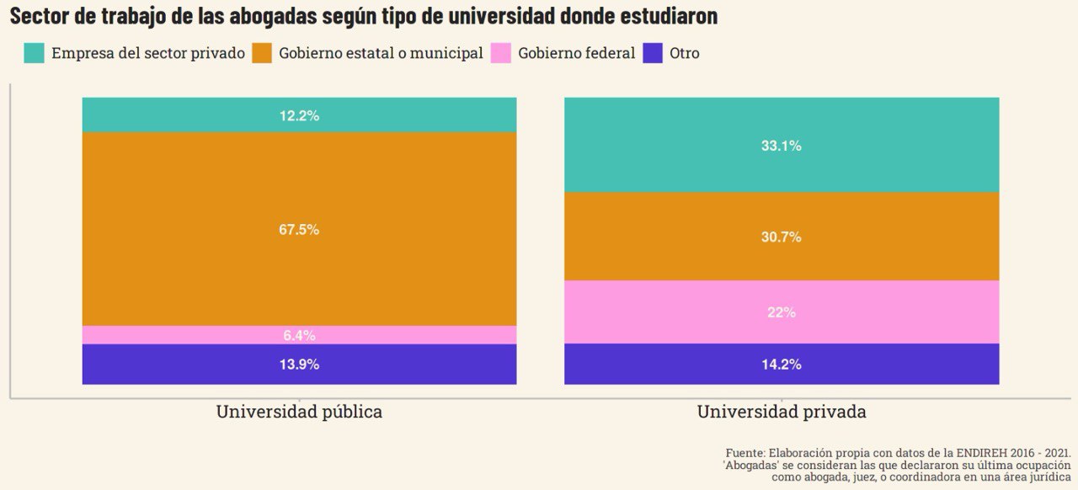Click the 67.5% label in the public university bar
pos(299,230)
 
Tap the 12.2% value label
pos(299,116)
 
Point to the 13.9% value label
pos(299,365)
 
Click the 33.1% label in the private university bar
pos(781,146)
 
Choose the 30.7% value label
pos(781,237)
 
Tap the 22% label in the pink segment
pos(781,312)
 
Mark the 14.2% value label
pos(781,365)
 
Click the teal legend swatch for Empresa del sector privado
pos(34,53)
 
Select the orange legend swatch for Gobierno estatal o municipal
pos(263,53)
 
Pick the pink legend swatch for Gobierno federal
pos(501,53)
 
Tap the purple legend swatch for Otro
pos(653,53)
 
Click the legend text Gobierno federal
pos(576,53)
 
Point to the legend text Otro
pos(684,53)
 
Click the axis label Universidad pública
pos(299,413)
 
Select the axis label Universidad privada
pos(781,413)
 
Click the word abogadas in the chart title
pos(275,16)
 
